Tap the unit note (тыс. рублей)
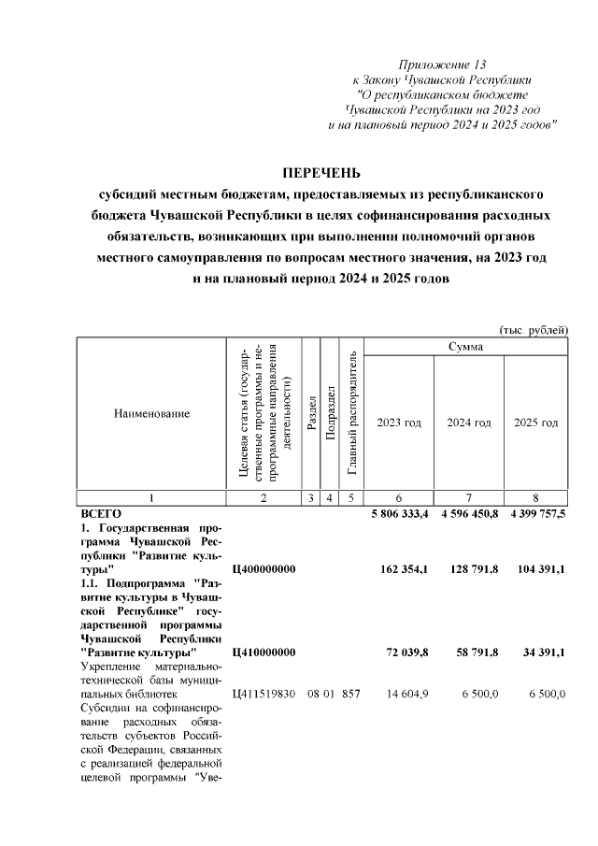(x=534, y=330)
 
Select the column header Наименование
(x=151, y=412)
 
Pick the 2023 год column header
(x=398, y=423)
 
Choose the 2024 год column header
(x=468, y=423)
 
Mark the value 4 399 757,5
(x=535, y=514)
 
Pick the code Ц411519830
(x=263, y=694)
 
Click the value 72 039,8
(x=408, y=652)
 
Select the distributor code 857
(x=350, y=694)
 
